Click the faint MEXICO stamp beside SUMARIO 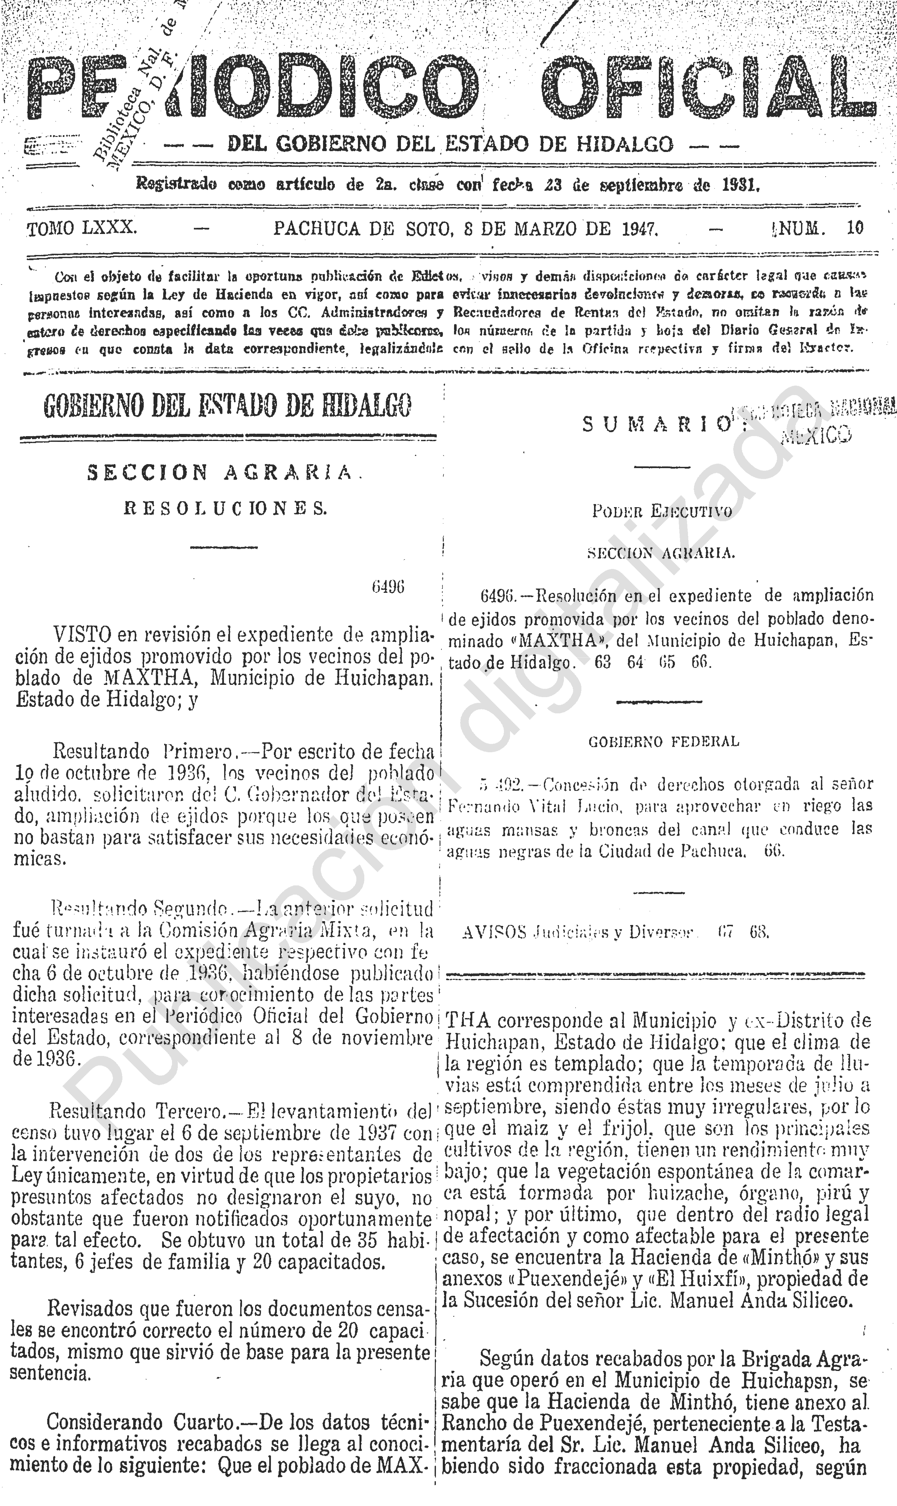pyautogui.click(x=816, y=434)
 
